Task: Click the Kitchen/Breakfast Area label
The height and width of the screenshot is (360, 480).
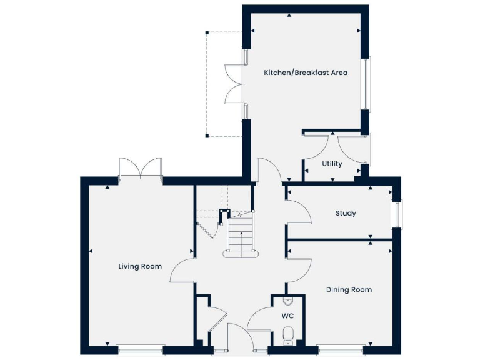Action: coord(306,72)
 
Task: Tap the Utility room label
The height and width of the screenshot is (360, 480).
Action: coord(332,164)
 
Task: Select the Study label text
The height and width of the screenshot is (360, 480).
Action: coord(346,213)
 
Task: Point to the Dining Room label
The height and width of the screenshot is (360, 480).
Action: coord(349,289)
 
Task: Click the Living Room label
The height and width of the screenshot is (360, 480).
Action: coord(140,266)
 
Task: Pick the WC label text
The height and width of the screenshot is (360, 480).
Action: coord(288,316)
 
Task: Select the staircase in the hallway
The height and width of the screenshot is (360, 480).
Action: coord(240,236)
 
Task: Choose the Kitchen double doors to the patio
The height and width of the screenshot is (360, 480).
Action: coord(234,84)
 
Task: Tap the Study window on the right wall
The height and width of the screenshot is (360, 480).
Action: coord(397,214)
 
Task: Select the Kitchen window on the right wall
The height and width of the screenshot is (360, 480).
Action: coord(368,84)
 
